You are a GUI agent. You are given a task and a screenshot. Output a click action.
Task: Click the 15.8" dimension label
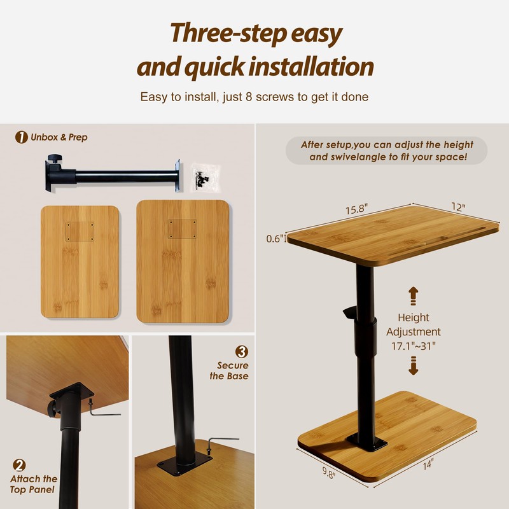coord(356,209)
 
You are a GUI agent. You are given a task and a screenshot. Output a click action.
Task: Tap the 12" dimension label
coord(458,207)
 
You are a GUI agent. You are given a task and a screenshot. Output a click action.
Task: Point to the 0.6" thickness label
coord(275,239)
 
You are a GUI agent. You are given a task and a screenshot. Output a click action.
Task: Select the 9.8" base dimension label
coord(329,472)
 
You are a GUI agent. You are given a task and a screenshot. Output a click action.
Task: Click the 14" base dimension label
coord(428,464)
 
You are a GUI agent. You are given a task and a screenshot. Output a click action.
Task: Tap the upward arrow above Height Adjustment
coord(413,296)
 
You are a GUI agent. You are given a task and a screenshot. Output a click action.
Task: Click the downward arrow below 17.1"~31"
coord(413,365)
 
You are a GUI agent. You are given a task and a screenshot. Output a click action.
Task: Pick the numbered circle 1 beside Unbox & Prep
coord(22,137)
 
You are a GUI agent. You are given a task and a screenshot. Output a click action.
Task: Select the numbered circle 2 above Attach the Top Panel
coord(19,465)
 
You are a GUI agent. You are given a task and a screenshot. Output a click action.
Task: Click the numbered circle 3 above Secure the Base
coord(242,352)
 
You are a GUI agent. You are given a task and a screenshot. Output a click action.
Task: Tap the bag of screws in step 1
coord(204,178)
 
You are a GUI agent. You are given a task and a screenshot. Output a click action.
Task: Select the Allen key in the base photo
coord(220,443)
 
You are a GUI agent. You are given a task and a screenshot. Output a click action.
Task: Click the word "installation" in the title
coord(312,67)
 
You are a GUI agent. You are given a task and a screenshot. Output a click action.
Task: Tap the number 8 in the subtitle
coord(249,97)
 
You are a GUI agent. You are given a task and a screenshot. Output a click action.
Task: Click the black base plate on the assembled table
coord(366,442)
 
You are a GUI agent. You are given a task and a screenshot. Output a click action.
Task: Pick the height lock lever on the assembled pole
coord(350,312)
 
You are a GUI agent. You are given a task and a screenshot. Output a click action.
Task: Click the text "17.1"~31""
coord(413,346)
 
